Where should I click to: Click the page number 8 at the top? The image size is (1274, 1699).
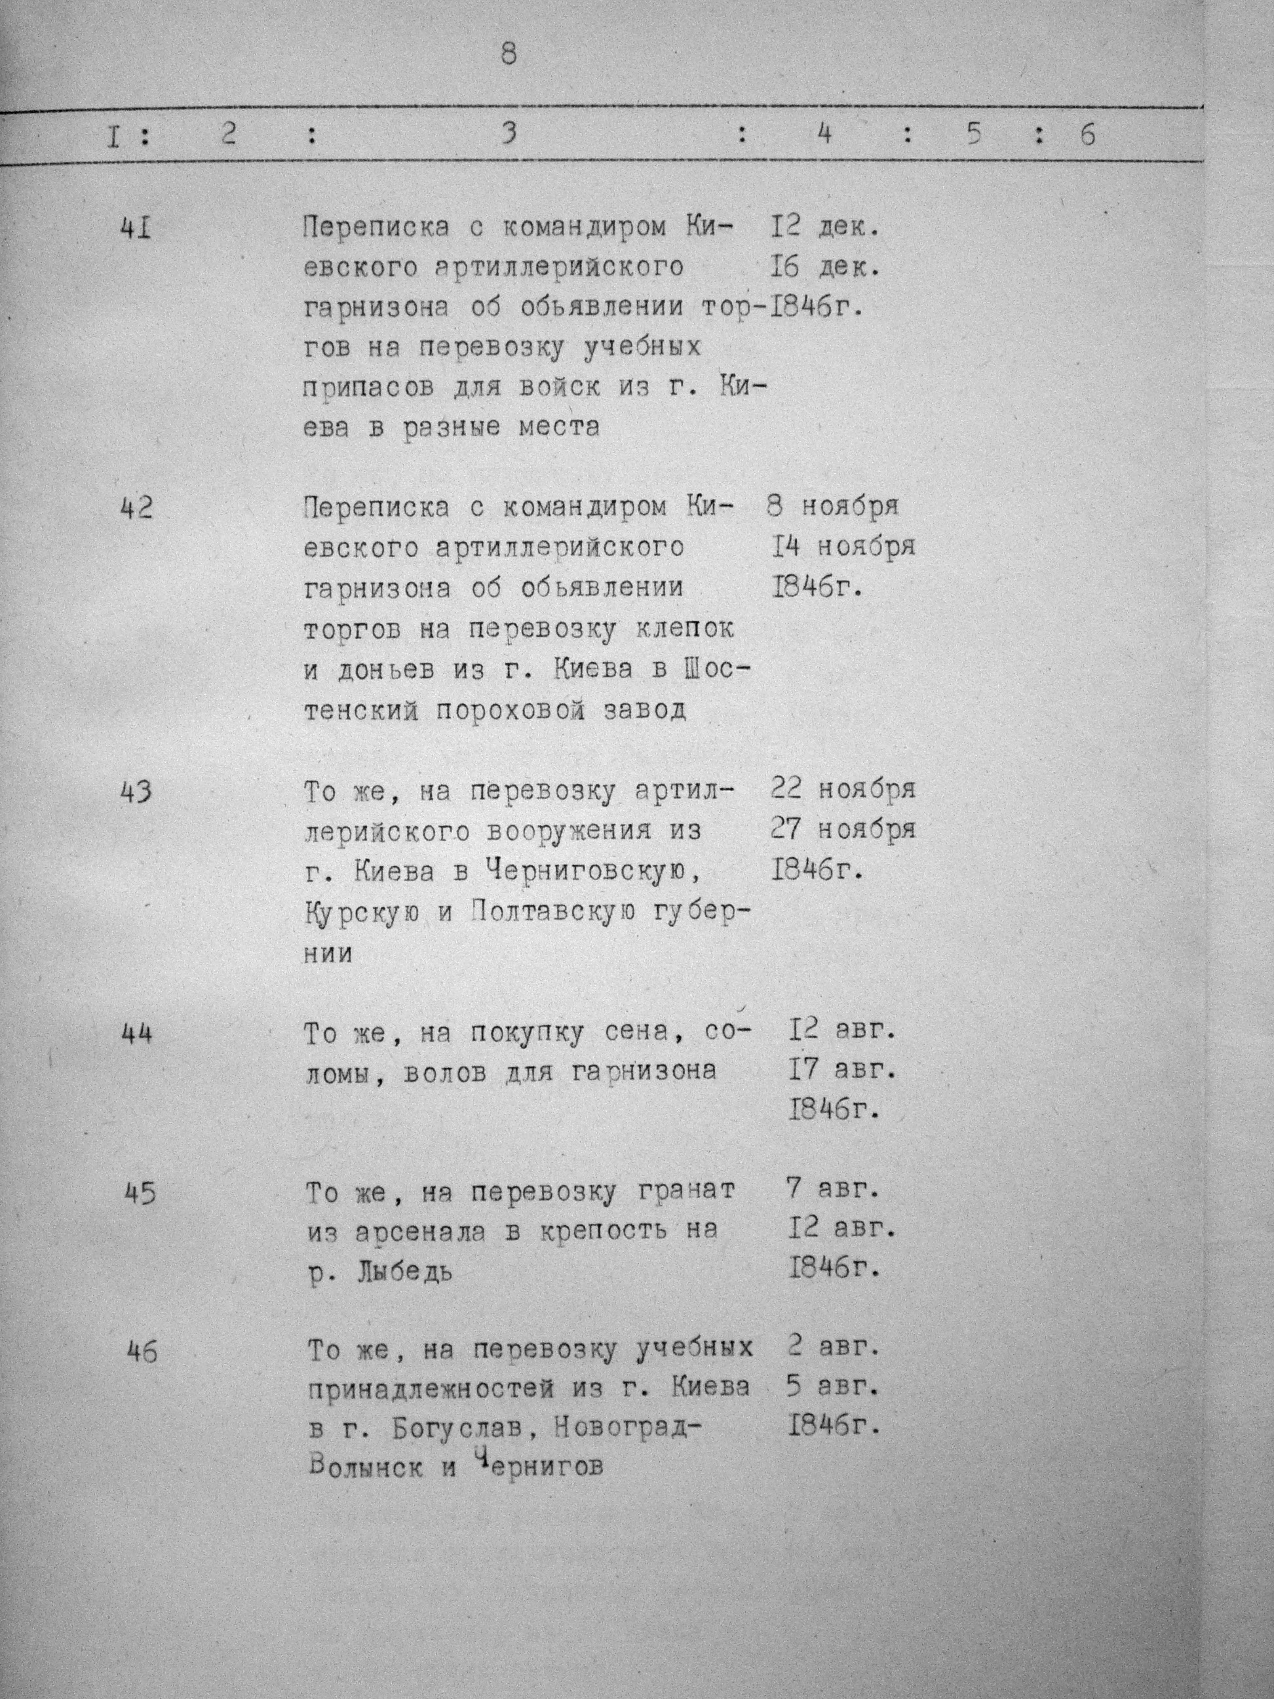click(x=509, y=55)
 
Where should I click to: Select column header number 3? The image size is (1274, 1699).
click(x=509, y=134)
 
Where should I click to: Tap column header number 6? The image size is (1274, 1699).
click(x=1087, y=135)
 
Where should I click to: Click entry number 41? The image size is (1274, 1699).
click(x=136, y=228)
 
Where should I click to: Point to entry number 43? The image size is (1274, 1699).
click(x=136, y=792)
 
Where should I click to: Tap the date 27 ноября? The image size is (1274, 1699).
click(x=842, y=830)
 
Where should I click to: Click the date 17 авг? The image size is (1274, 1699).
click(x=842, y=1070)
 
